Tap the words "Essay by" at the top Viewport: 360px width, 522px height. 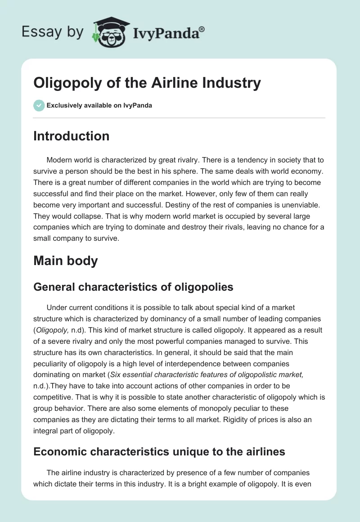(x=53, y=32)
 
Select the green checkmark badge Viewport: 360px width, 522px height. (x=39, y=105)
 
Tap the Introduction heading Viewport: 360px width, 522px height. (x=71, y=136)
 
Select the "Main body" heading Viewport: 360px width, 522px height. (x=65, y=261)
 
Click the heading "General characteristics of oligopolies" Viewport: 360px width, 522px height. (x=133, y=287)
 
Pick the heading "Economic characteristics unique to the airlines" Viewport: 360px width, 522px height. (x=159, y=451)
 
